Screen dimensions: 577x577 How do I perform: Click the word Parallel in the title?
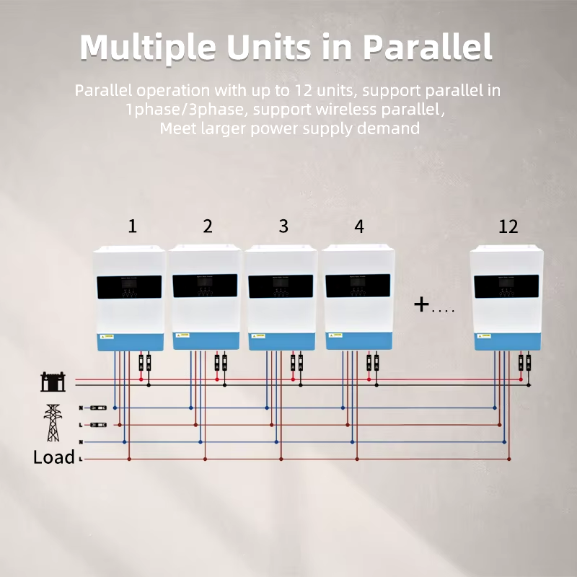coord(427,48)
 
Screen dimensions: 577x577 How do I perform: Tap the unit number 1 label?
coord(132,226)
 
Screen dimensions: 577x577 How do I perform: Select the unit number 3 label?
coord(283,226)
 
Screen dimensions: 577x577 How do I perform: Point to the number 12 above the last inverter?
coord(508,226)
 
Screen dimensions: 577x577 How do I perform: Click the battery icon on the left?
coord(53,381)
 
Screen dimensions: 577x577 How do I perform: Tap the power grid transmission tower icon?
coord(52,423)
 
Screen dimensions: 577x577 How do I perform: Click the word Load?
coord(53,457)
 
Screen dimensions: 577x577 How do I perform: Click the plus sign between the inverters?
coord(421,304)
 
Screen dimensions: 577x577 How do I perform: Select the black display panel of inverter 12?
coord(506,286)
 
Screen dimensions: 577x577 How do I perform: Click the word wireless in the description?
coord(348,110)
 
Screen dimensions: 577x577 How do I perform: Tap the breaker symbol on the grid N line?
coord(99,408)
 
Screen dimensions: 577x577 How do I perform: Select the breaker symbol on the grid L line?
coord(99,425)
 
